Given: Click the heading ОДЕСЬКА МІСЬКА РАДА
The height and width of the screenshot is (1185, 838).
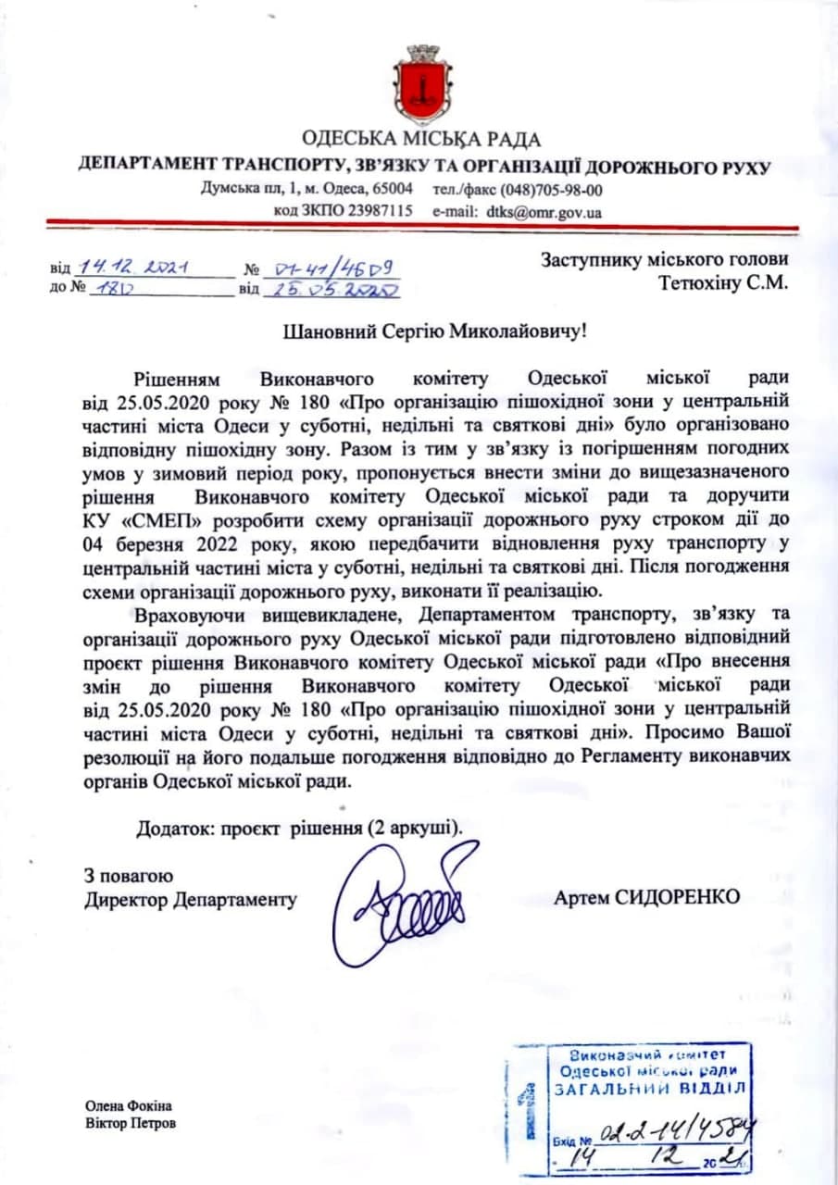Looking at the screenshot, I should [421, 140].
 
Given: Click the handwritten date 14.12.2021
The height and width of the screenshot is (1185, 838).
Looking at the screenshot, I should [135, 268].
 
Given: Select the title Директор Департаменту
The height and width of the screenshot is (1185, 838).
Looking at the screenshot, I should [190, 899].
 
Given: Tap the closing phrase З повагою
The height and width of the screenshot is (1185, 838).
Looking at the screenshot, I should [128, 875].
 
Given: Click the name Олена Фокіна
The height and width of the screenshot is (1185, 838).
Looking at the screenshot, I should [129, 1106].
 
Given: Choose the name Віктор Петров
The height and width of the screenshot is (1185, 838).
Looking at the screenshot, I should [130, 1124].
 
